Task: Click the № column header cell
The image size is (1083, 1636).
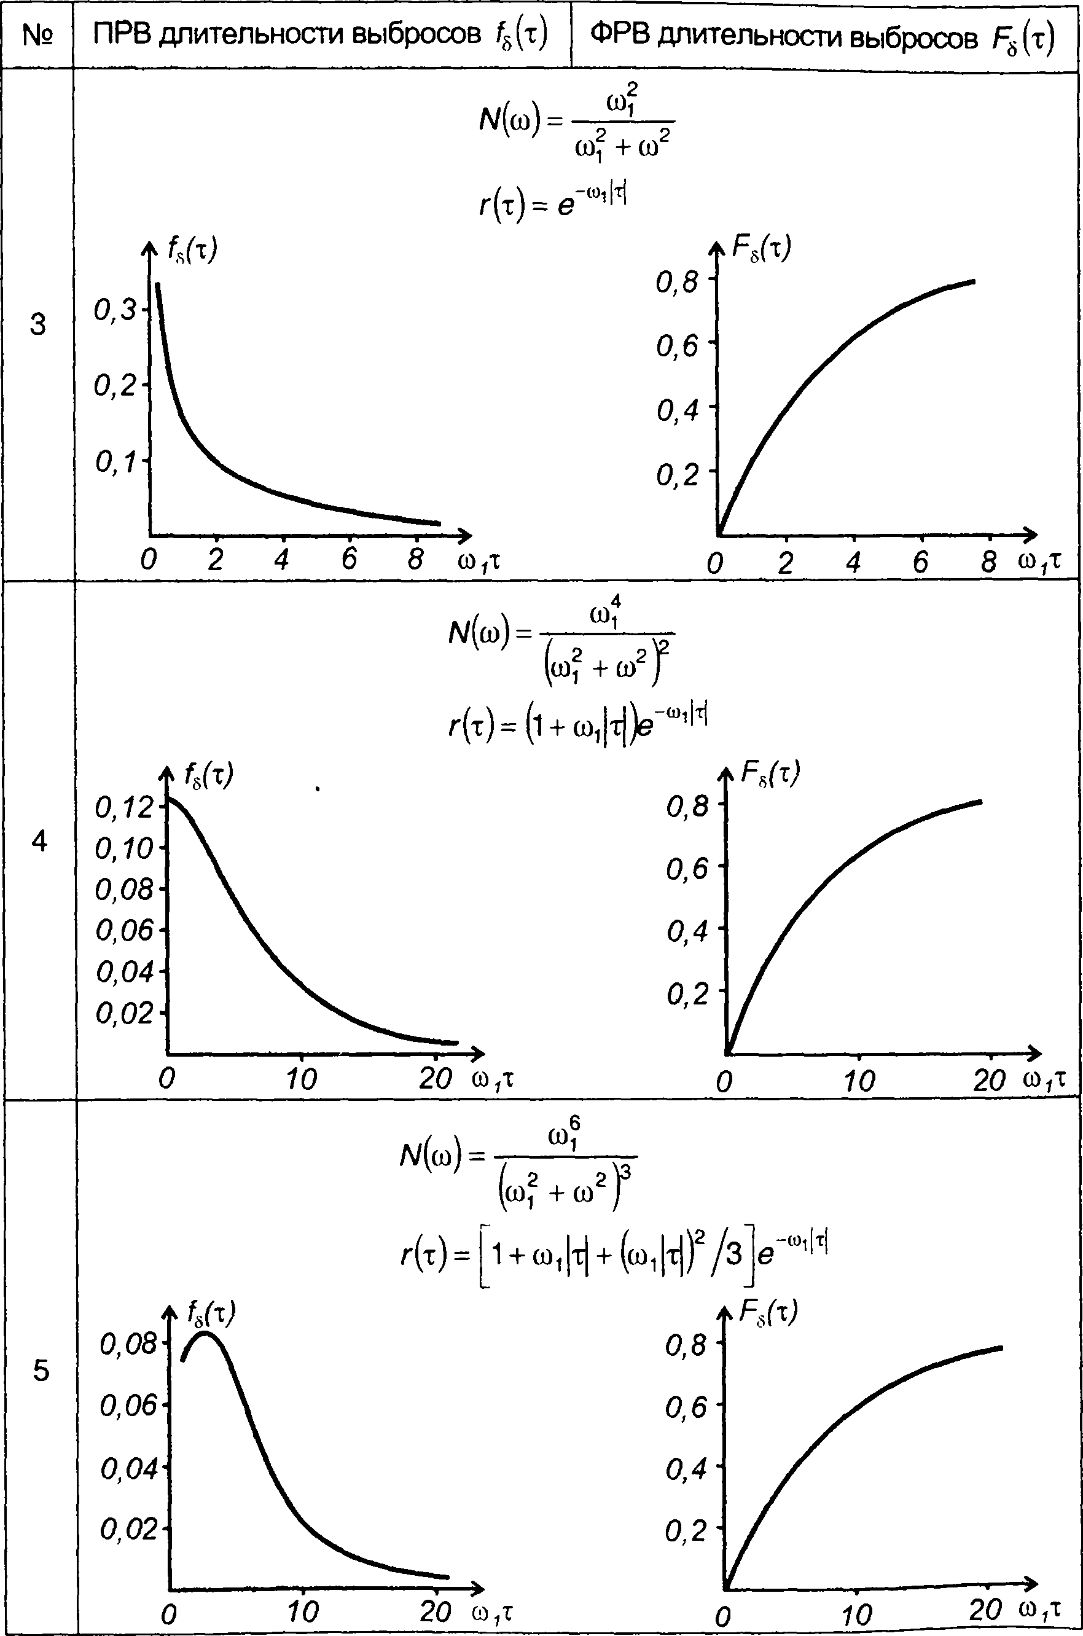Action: pos(37,34)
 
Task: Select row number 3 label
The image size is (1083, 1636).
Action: pos(38,324)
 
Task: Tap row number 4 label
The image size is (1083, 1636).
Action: pos(40,840)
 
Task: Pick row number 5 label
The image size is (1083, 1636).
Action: pos(41,1370)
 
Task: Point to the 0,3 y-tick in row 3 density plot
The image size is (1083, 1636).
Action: pos(116,311)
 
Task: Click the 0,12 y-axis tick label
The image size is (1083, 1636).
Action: pos(124,807)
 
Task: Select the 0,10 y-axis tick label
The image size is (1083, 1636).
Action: pos(124,848)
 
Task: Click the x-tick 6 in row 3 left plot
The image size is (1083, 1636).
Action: pos(350,558)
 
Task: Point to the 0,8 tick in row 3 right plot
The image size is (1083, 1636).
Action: pos(678,282)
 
